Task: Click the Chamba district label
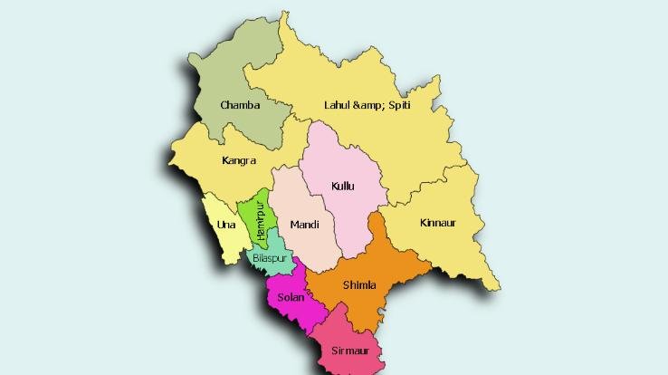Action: [240, 105]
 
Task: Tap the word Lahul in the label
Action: [337, 106]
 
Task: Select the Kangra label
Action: [239, 161]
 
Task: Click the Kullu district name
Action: [343, 186]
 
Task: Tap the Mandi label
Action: [304, 224]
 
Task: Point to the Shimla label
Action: [359, 285]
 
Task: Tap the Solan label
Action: [291, 297]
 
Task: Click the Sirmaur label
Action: [350, 350]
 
